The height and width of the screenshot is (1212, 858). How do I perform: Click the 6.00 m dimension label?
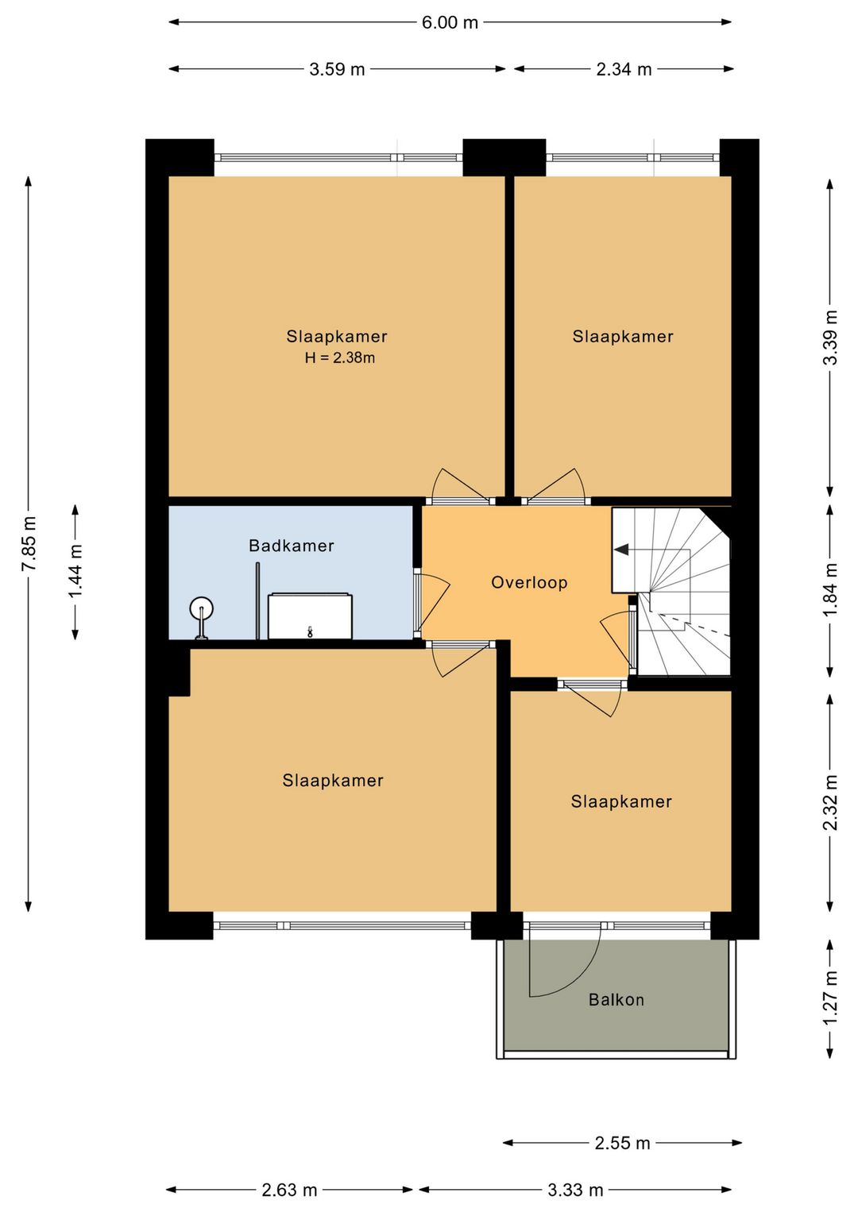(x=450, y=22)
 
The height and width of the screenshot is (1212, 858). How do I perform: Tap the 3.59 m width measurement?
(x=337, y=69)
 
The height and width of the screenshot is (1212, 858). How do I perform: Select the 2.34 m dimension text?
(x=624, y=69)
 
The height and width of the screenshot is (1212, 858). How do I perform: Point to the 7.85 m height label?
(x=29, y=543)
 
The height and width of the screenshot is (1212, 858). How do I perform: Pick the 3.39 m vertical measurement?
(x=830, y=337)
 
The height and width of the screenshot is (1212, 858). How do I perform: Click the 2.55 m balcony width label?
(x=622, y=1143)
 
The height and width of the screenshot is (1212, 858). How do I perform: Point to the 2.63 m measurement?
(x=289, y=1190)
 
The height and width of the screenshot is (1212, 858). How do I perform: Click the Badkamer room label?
(x=292, y=546)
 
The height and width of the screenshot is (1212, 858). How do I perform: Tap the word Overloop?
(x=529, y=583)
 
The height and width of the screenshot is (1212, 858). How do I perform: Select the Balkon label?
(x=616, y=999)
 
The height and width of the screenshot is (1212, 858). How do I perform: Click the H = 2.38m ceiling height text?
(x=339, y=357)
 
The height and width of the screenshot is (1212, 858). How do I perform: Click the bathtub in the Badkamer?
(x=310, y=616)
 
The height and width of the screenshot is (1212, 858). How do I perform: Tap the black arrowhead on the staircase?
(x=621, y=550)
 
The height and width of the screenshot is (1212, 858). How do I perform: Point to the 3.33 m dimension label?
(x=575, y=1190)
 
